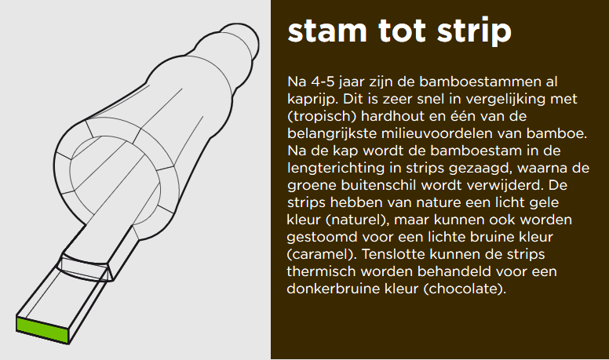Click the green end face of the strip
pos(42,329)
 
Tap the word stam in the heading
pos(327,31)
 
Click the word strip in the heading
pos(474,31)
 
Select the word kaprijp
pos(312,100)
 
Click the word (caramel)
pos(322,255)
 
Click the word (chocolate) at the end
pos(465,289)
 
